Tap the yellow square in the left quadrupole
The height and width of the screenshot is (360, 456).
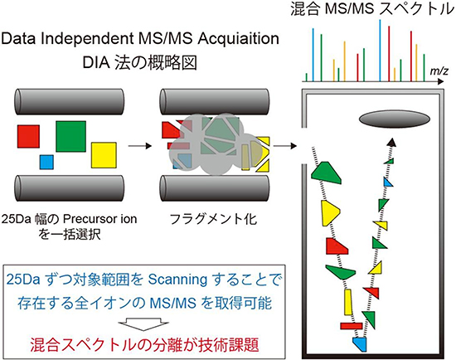click(x=104, y=154)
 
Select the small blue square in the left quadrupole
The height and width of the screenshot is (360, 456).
click(x=46, y=161)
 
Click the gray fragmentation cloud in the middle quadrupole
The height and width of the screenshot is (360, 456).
click(x=212, y=143)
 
